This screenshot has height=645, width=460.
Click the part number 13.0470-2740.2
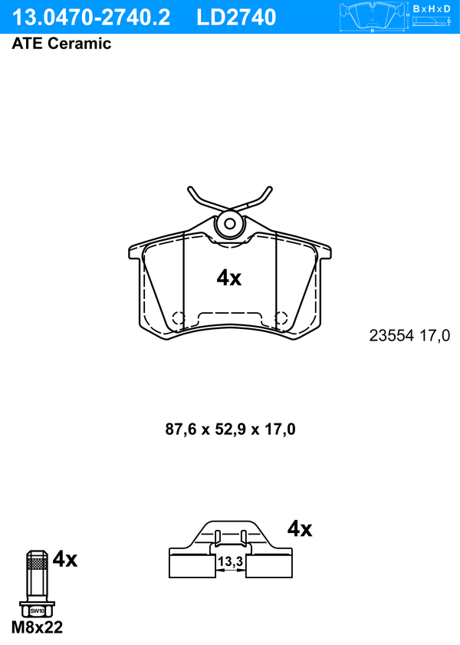pyautogui.click(x=90, y=18)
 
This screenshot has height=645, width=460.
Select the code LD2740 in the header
pyautogui.click(x=236, y=18)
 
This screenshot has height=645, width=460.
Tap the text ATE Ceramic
pyautogui.click(x=61, y=44)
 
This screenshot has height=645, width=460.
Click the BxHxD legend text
pyautogui.click(x=432, y=8)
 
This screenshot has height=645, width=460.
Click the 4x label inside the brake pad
pyautogui.click(x=229, y=278)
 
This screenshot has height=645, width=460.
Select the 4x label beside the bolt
pyautogui.click(x=65, y=559)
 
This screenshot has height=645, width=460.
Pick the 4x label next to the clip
pyautogui.click(x=300, y=528)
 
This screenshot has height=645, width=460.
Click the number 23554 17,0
pyautogui.click(x=409, y=336)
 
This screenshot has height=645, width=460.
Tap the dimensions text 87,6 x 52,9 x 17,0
pyautogui.click(x=230, y=429)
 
